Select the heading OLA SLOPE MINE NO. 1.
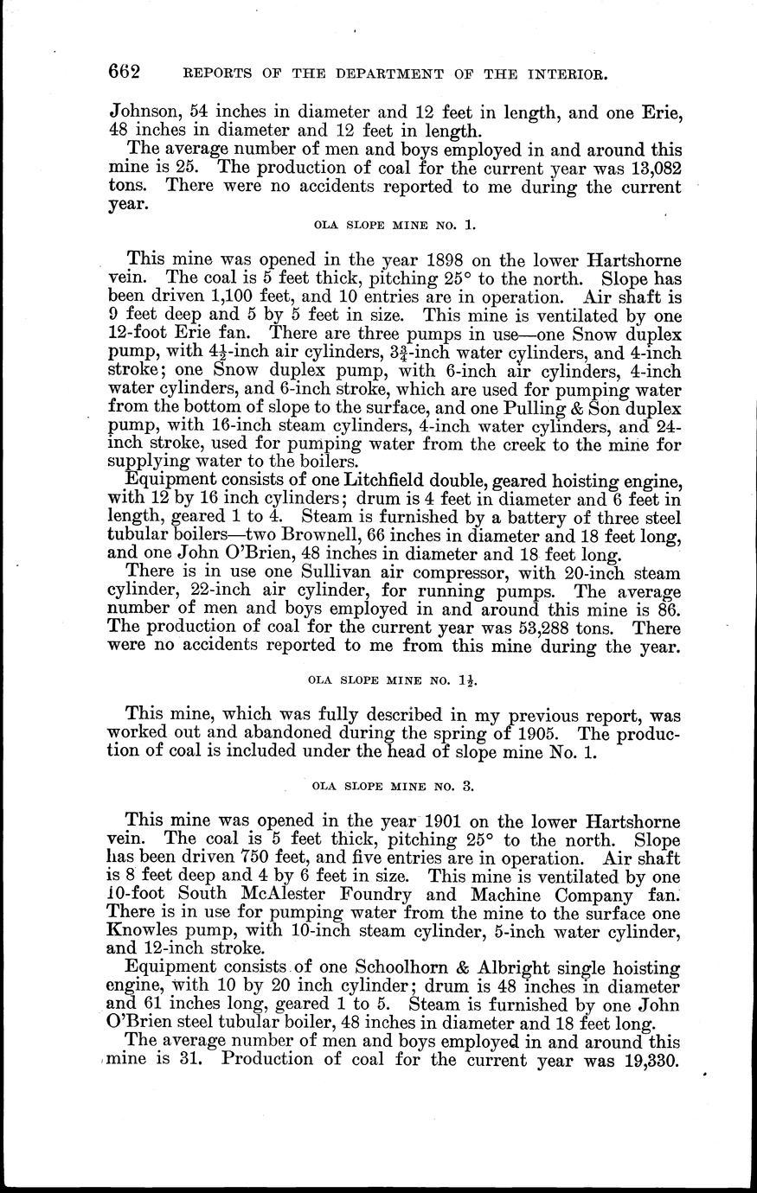click(x=394, y=226)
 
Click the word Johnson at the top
click(x=144, y=112)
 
